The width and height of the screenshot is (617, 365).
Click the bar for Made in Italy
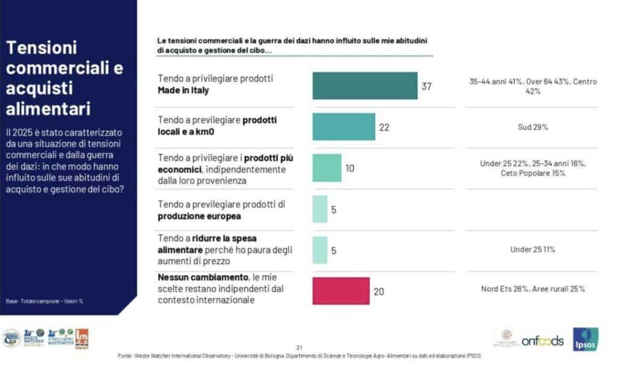click(365, 86)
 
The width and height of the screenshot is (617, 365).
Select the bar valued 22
click(343, 127)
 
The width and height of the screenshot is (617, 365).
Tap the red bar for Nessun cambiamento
click(340, 291)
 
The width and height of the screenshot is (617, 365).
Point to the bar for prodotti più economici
click(327, 168)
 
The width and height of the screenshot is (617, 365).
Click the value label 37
click(427, 86)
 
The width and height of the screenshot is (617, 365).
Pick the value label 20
click(379, 291)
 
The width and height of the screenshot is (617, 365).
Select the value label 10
click(350, 168)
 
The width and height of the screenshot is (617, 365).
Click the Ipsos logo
click(585, 340)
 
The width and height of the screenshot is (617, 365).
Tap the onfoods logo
click(542, 340)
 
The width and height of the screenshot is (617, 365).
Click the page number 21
click(299, 346)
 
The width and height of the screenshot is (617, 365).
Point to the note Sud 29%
click(532, 127)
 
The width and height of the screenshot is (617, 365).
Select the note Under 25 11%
click(532, 250)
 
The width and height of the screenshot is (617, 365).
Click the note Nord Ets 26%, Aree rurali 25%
click(533, 289)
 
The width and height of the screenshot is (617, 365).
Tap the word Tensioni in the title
click(42, 48)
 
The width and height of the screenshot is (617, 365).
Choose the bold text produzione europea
click(199, 216)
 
